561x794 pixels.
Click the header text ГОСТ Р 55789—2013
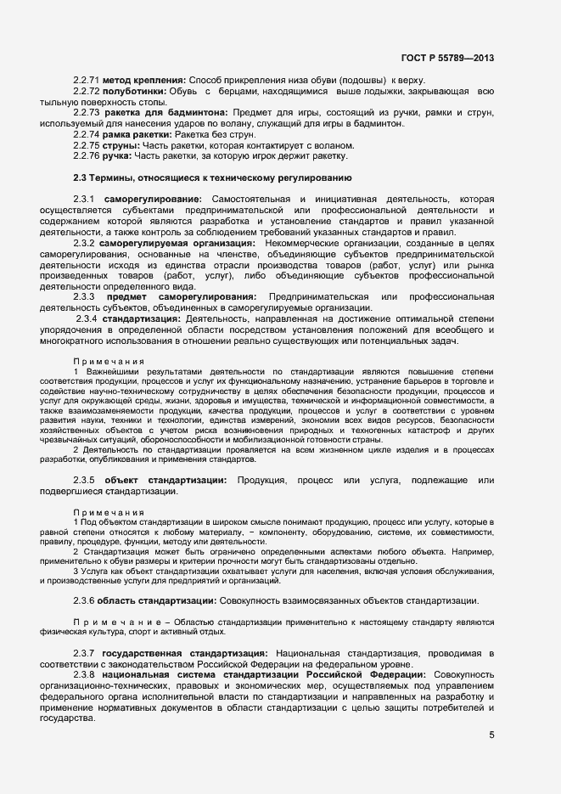(447, 59)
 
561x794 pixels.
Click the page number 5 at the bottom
(491, 735)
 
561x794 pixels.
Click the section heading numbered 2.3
(212, 177)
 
